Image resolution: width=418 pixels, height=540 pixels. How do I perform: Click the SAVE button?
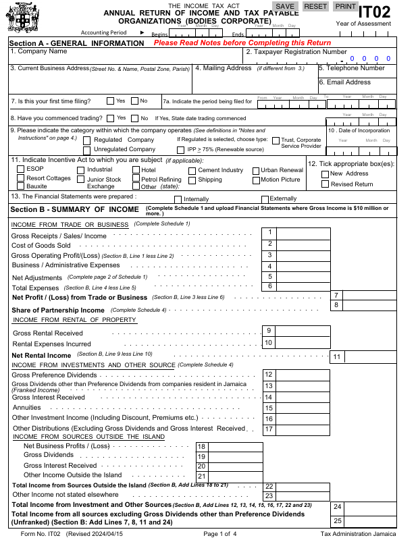[285, 6]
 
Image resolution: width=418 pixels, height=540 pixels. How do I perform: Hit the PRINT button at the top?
[346, 6]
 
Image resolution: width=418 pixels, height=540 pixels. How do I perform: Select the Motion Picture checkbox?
[256, 180]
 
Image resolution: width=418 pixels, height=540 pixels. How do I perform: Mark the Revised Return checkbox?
[325, 184]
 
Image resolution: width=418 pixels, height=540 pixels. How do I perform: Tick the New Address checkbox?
[325, 173]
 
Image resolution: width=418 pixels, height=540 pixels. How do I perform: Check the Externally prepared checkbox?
[264, 199]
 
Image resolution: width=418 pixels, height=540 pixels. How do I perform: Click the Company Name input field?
[125, 57]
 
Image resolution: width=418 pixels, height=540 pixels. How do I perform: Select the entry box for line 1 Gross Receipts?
[303, 233]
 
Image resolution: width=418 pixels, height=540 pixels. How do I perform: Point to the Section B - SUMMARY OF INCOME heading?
[74, 209]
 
